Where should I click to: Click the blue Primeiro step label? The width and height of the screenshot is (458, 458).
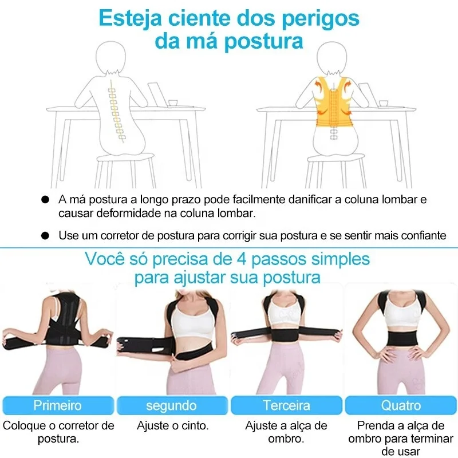click(57, 406)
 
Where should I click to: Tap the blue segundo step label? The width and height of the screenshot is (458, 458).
click(171, 406)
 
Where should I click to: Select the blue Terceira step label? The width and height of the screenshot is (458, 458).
click(286, 406)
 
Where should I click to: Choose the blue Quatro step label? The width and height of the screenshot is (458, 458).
click(400, 406)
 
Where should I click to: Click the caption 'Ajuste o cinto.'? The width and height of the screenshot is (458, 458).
click(172, 425)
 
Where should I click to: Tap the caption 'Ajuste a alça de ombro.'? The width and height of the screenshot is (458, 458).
click(286, 432)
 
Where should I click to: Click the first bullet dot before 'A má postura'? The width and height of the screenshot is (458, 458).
click(45, 200)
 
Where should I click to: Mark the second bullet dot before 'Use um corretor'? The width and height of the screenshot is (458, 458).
click(45, 235)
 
